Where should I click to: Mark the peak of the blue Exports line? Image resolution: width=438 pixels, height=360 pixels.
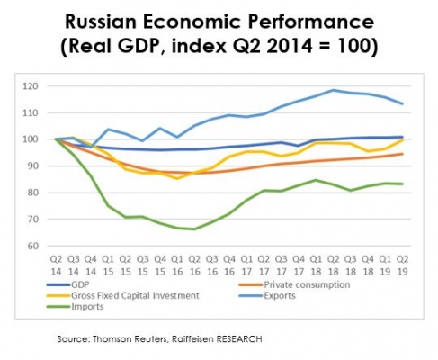tap(333, 90)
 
